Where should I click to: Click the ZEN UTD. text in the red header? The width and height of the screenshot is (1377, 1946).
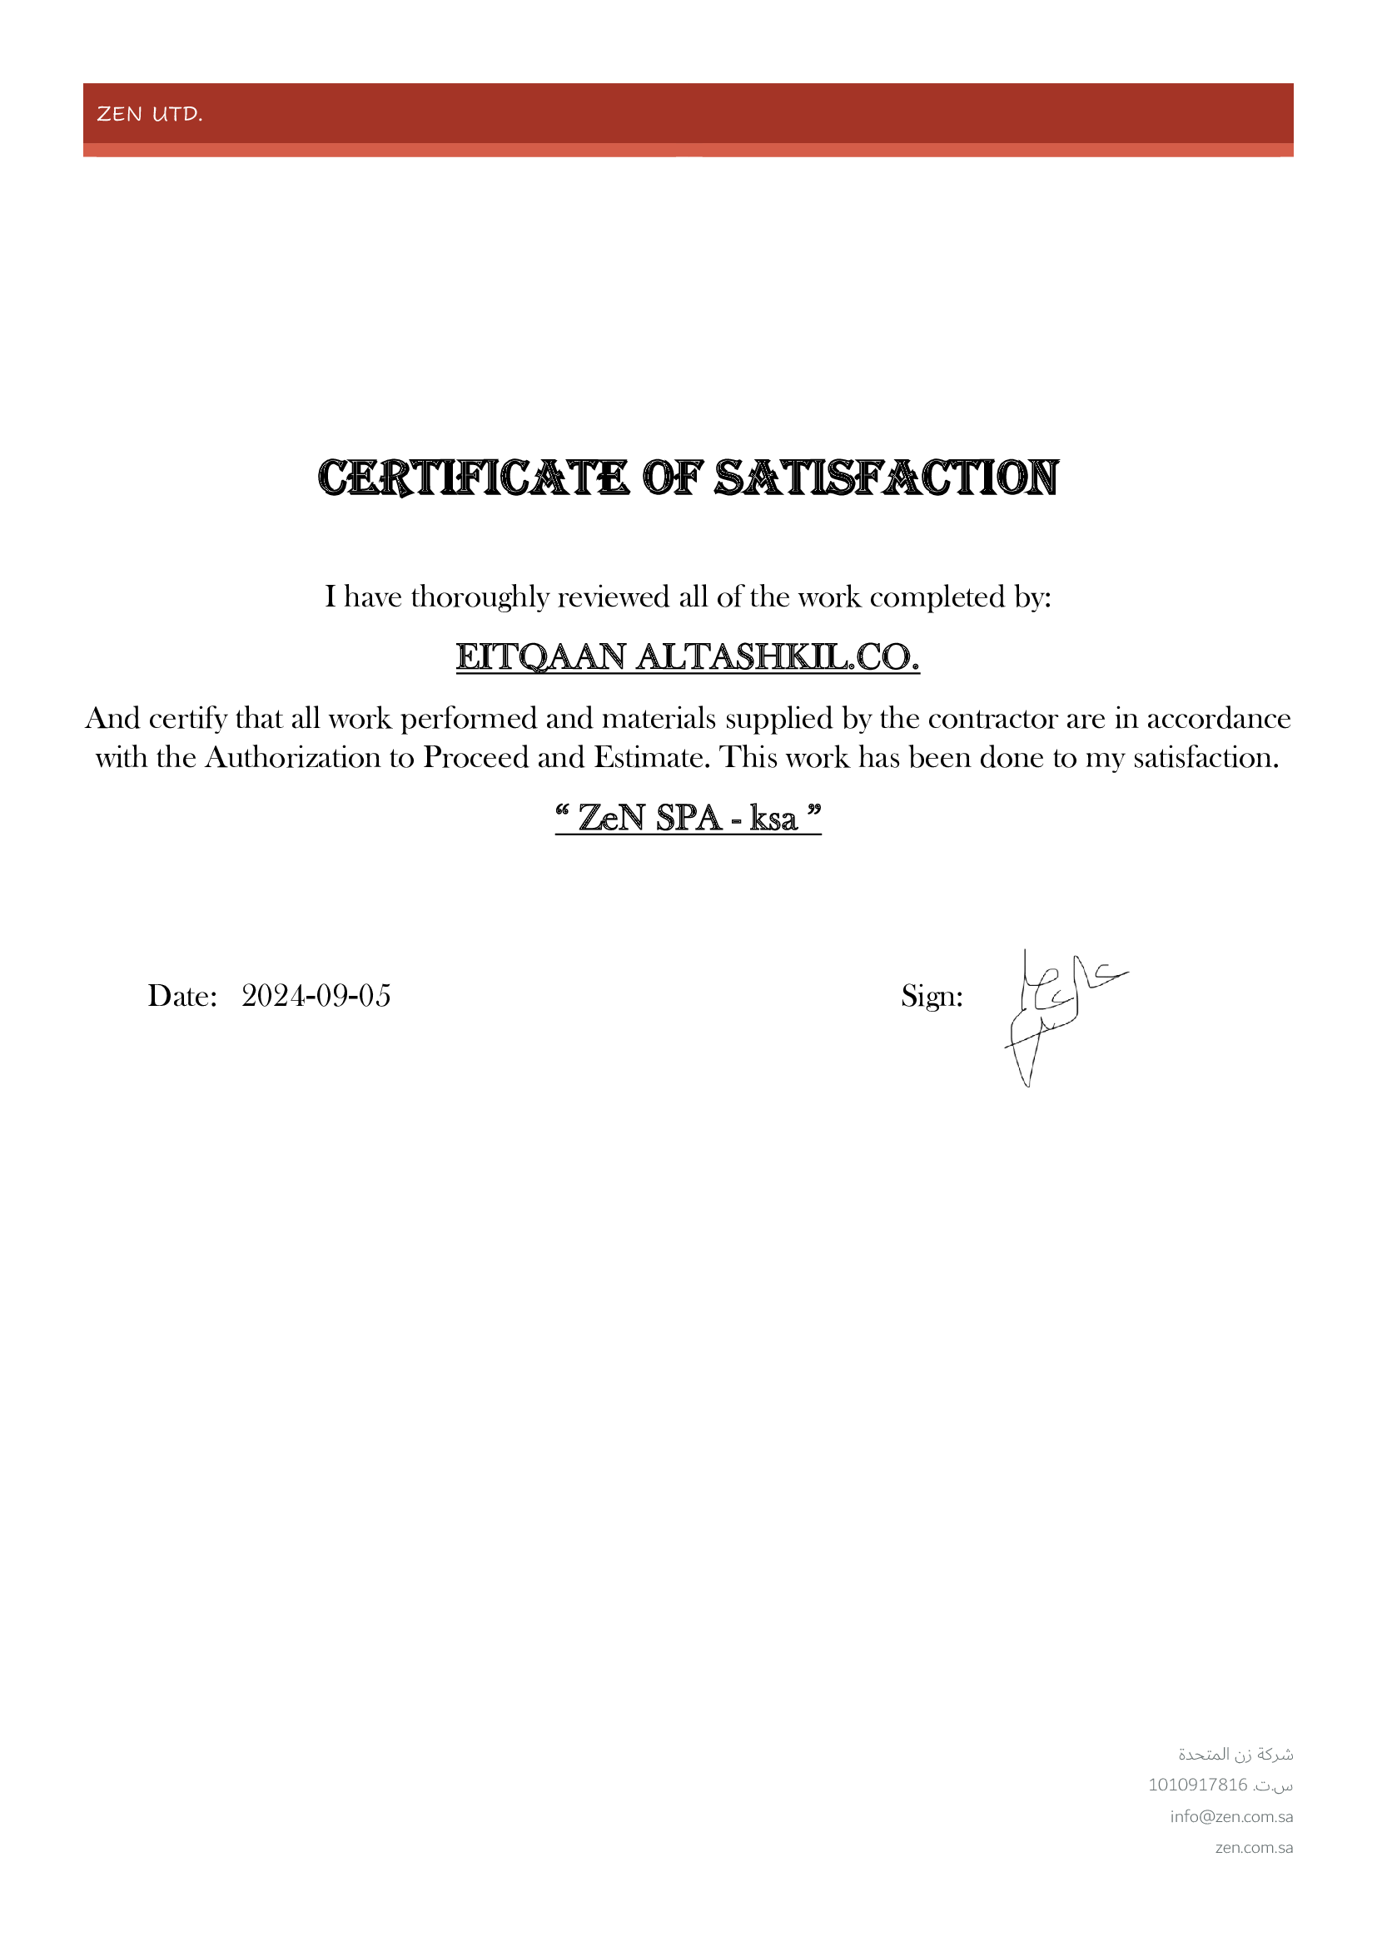pyautogui.click(x=150, y=114)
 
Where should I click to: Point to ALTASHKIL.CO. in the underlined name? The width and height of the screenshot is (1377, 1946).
pyautogui.click(x=778, y=657)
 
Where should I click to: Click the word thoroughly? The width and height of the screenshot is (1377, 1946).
pyautogui.click(x=480, y=597)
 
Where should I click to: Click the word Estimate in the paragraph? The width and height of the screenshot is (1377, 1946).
pyautogui.click(x=650, y=758)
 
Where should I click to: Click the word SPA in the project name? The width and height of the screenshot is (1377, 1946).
pyautogui.click(x=688, y=818)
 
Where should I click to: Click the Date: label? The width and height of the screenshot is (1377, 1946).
pyautogui.click(x=183, y=996)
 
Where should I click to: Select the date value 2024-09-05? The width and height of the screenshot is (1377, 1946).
pyautogui.click(x=316, y=996)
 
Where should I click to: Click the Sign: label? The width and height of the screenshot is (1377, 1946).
pyautogui.click(x=932, y=996)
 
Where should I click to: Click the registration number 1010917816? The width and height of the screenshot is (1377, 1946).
pyautogui.click(x=1197, y=1785)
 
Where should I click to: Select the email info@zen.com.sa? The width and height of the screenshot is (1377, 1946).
pyautogui.click(x=1231, y=1816)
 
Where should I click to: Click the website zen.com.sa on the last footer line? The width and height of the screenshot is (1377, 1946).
pyautogui.click(x=1253, y=1848)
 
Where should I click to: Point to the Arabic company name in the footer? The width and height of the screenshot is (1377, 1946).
pyautogui.click(x=1235, y=1754)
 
